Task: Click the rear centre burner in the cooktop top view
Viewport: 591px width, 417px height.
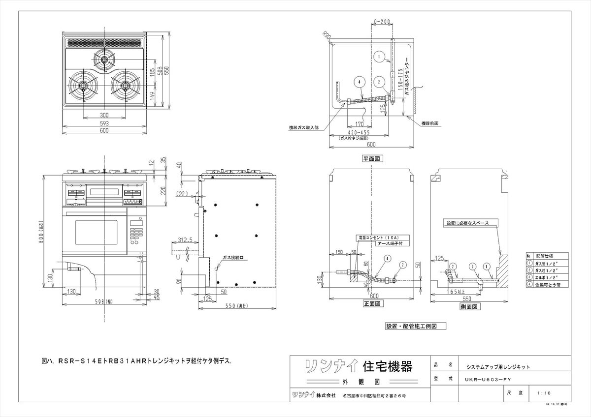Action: tap(104, 60)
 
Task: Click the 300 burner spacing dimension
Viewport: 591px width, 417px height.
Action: tap(104, 115)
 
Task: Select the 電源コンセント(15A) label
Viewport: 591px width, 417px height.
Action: tap(377, 238)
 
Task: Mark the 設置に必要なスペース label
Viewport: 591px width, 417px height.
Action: tap(468, 223)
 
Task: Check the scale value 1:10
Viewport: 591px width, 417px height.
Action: tap(544, 393)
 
